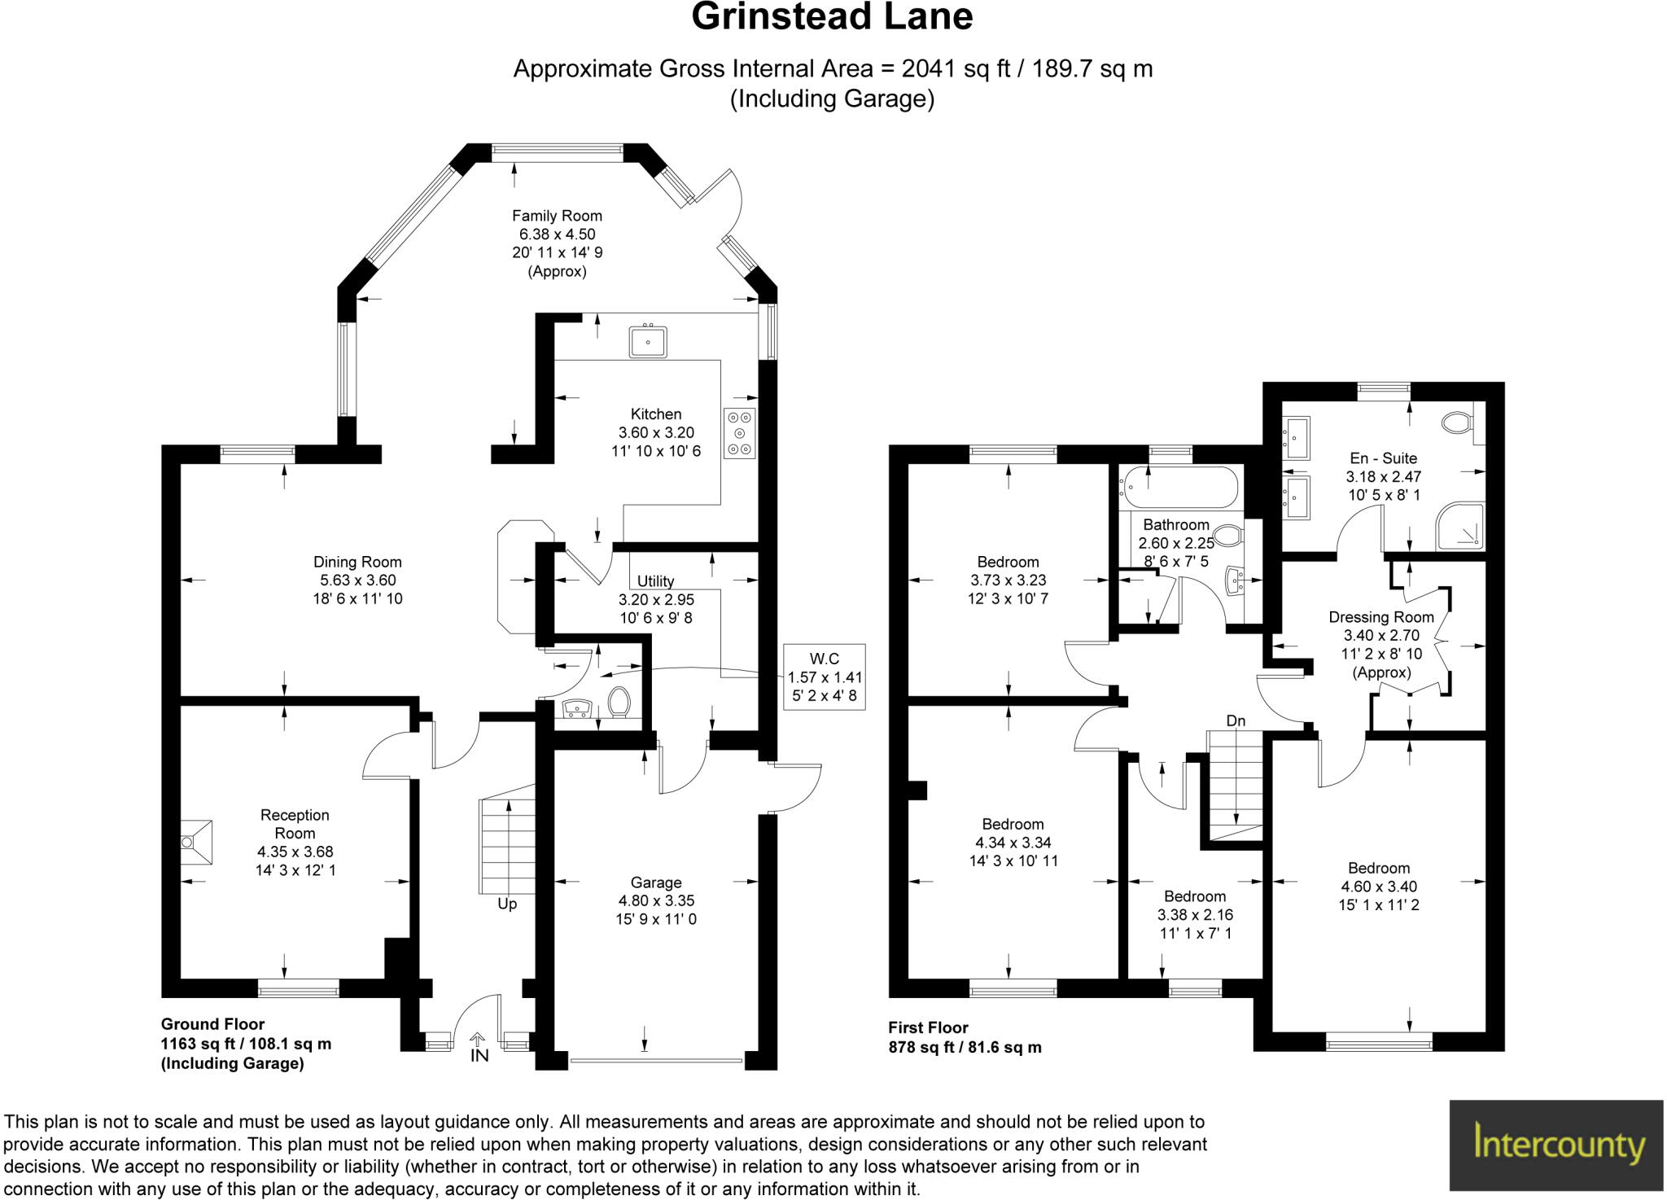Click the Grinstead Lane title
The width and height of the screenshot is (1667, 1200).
(x=832, y=18)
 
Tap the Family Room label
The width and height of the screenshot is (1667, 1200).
(x=557, y=216)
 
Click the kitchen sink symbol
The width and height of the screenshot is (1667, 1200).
(x=649, y=341)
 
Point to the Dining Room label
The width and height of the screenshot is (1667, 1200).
(x=357, y=562)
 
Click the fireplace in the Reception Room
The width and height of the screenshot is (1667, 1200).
(x=196, y=842)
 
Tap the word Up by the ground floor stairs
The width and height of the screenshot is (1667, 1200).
(x=507, y=904)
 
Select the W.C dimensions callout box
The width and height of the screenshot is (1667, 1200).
(x=824, y=677)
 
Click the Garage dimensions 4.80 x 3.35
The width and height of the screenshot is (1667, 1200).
(x=656, y=901)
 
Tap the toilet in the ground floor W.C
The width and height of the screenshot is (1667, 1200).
(x=620, y=703)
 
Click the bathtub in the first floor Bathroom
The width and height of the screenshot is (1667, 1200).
(x=1178, y=487)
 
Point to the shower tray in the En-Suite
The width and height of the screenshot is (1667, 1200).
(x=1460, y=527)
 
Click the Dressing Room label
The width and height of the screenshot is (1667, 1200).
(x=1381, y=617)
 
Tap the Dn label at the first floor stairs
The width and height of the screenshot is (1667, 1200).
(x=1236, y=720)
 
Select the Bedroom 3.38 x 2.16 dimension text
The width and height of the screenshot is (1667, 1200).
(x=1195, y=915)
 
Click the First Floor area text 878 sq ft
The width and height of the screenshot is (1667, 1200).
(x=964, y=1048)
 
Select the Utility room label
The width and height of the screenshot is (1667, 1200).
(x=655, y=581)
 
